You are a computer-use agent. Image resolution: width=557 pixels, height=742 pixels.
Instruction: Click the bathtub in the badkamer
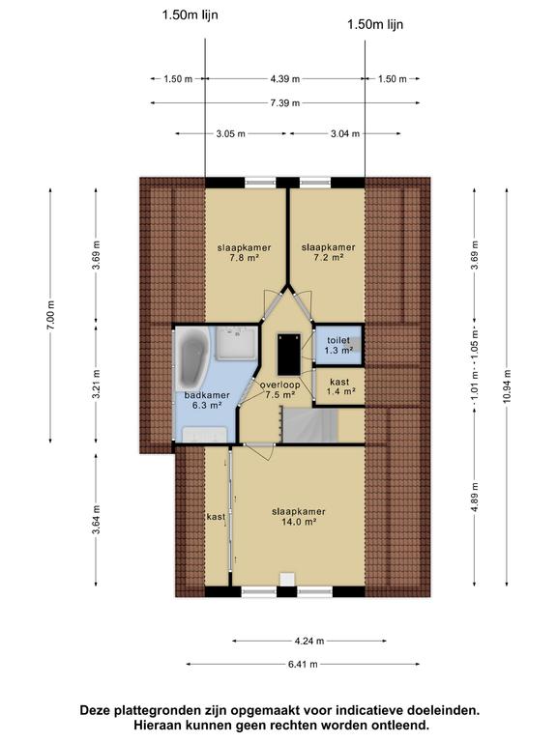(x=191, y=357)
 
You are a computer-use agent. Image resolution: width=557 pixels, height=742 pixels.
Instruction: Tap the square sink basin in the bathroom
(x=237, y=342)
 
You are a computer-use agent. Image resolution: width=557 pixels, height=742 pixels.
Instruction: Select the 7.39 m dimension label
(x=285, y=102)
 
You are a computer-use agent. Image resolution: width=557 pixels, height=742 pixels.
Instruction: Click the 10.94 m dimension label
(x=508, y=386)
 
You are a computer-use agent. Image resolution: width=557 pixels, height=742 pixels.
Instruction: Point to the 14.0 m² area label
(x=299, y=522)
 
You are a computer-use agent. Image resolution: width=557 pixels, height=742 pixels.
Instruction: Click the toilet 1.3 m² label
(x=338, y=346)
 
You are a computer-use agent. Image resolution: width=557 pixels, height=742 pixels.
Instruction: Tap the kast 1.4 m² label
(x=340, y=386)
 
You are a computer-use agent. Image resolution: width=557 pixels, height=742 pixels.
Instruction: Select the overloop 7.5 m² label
(x=279, y=390)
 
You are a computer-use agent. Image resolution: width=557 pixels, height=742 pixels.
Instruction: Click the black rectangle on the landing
(x=289, y=354)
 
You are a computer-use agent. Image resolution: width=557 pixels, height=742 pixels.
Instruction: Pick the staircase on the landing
(x=309, y=426)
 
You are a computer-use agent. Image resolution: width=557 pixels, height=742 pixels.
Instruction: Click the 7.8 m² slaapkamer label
(x=245, y=253)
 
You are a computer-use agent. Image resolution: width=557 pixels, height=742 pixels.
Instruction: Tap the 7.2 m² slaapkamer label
(x=328, y=252)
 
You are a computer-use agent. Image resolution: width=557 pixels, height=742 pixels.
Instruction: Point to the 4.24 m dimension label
(x=309, y=642)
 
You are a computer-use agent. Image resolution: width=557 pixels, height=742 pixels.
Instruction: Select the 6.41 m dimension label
(x=303, y=665)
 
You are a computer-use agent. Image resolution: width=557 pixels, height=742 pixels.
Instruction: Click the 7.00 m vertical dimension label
(x=51, y=316)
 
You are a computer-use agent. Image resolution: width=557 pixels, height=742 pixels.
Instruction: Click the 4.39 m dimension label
(x=285, y=79)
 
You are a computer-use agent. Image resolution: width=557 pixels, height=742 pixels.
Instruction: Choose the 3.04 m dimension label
(x=345, y=134)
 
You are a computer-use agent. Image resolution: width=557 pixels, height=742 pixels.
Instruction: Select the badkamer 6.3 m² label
(x=208, y=400)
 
